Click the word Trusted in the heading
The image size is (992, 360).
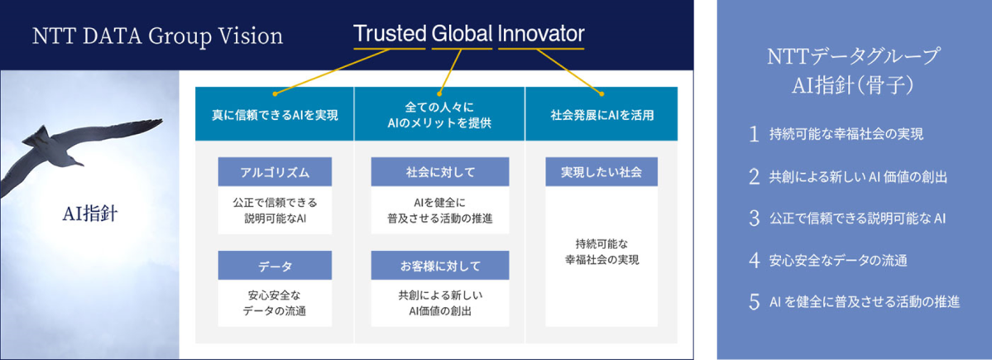(x=390, y=34)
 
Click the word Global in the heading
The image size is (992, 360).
(x=462, y=34)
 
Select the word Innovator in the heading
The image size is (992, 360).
(x=542, y=34)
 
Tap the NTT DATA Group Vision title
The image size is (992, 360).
(x=157, y=36)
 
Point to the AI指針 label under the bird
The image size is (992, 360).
(x=87, y=214)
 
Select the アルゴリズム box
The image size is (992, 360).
(x=276, y=172)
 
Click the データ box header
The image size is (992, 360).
(x=276, y=266)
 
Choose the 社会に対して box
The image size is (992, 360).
(x=440, y=172)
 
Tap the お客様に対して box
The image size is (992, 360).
(x=440, y=266)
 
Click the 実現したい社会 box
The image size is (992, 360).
(x=601, y=172)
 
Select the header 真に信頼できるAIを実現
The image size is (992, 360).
(x=276, y=116)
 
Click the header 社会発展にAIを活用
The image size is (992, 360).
(x=601, y=116)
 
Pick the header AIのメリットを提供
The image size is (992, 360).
(x=439, y=123)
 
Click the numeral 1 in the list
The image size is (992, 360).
(x=754, y=135)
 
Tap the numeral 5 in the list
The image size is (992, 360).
(x=754, y=302)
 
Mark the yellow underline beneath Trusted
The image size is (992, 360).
(x=390, y=48)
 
